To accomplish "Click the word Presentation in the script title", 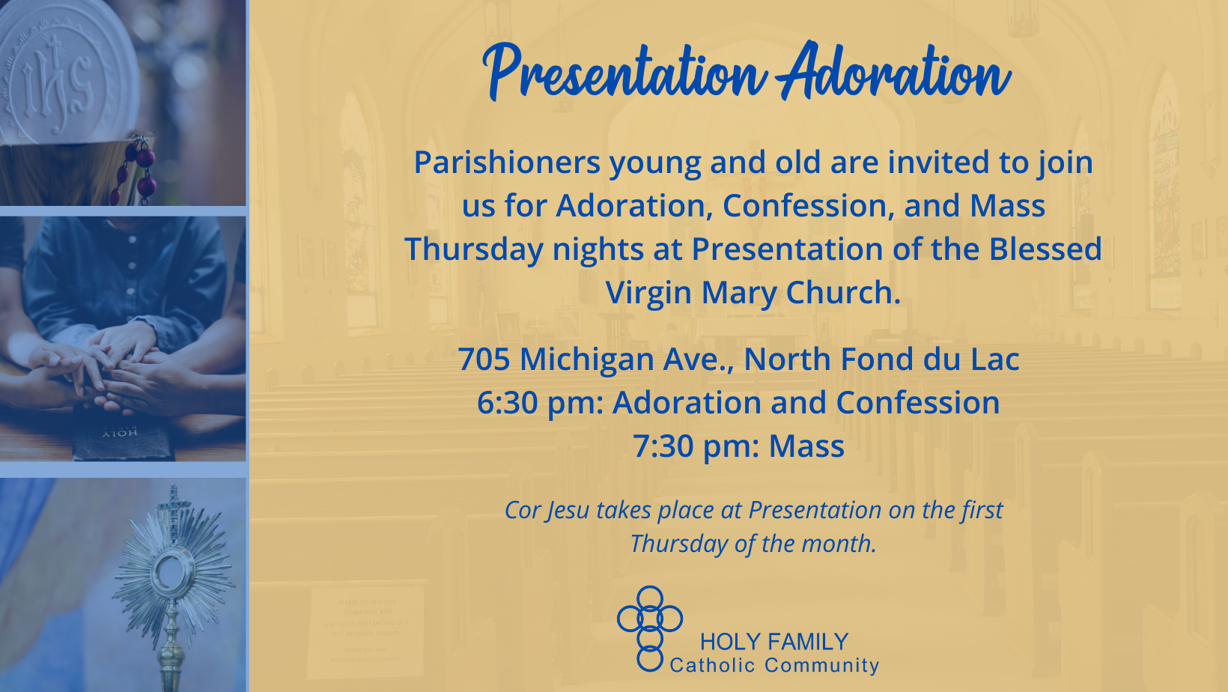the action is tap(624, 72).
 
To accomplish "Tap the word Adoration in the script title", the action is tap(893, 70).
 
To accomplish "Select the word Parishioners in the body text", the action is tap(507, 163).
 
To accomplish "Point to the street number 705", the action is tap(484, 359).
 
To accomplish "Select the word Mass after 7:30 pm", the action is tap(806, 446).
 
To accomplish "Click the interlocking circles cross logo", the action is tap(650, 628).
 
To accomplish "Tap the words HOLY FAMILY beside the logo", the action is tap(774, 642).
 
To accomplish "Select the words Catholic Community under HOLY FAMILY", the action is tap(774, 666).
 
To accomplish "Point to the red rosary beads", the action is tap(134, 170).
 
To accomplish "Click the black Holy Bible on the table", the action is tap(124, 433).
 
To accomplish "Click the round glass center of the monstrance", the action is tap(174, 572).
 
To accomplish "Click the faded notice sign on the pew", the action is tap(366, 631).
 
